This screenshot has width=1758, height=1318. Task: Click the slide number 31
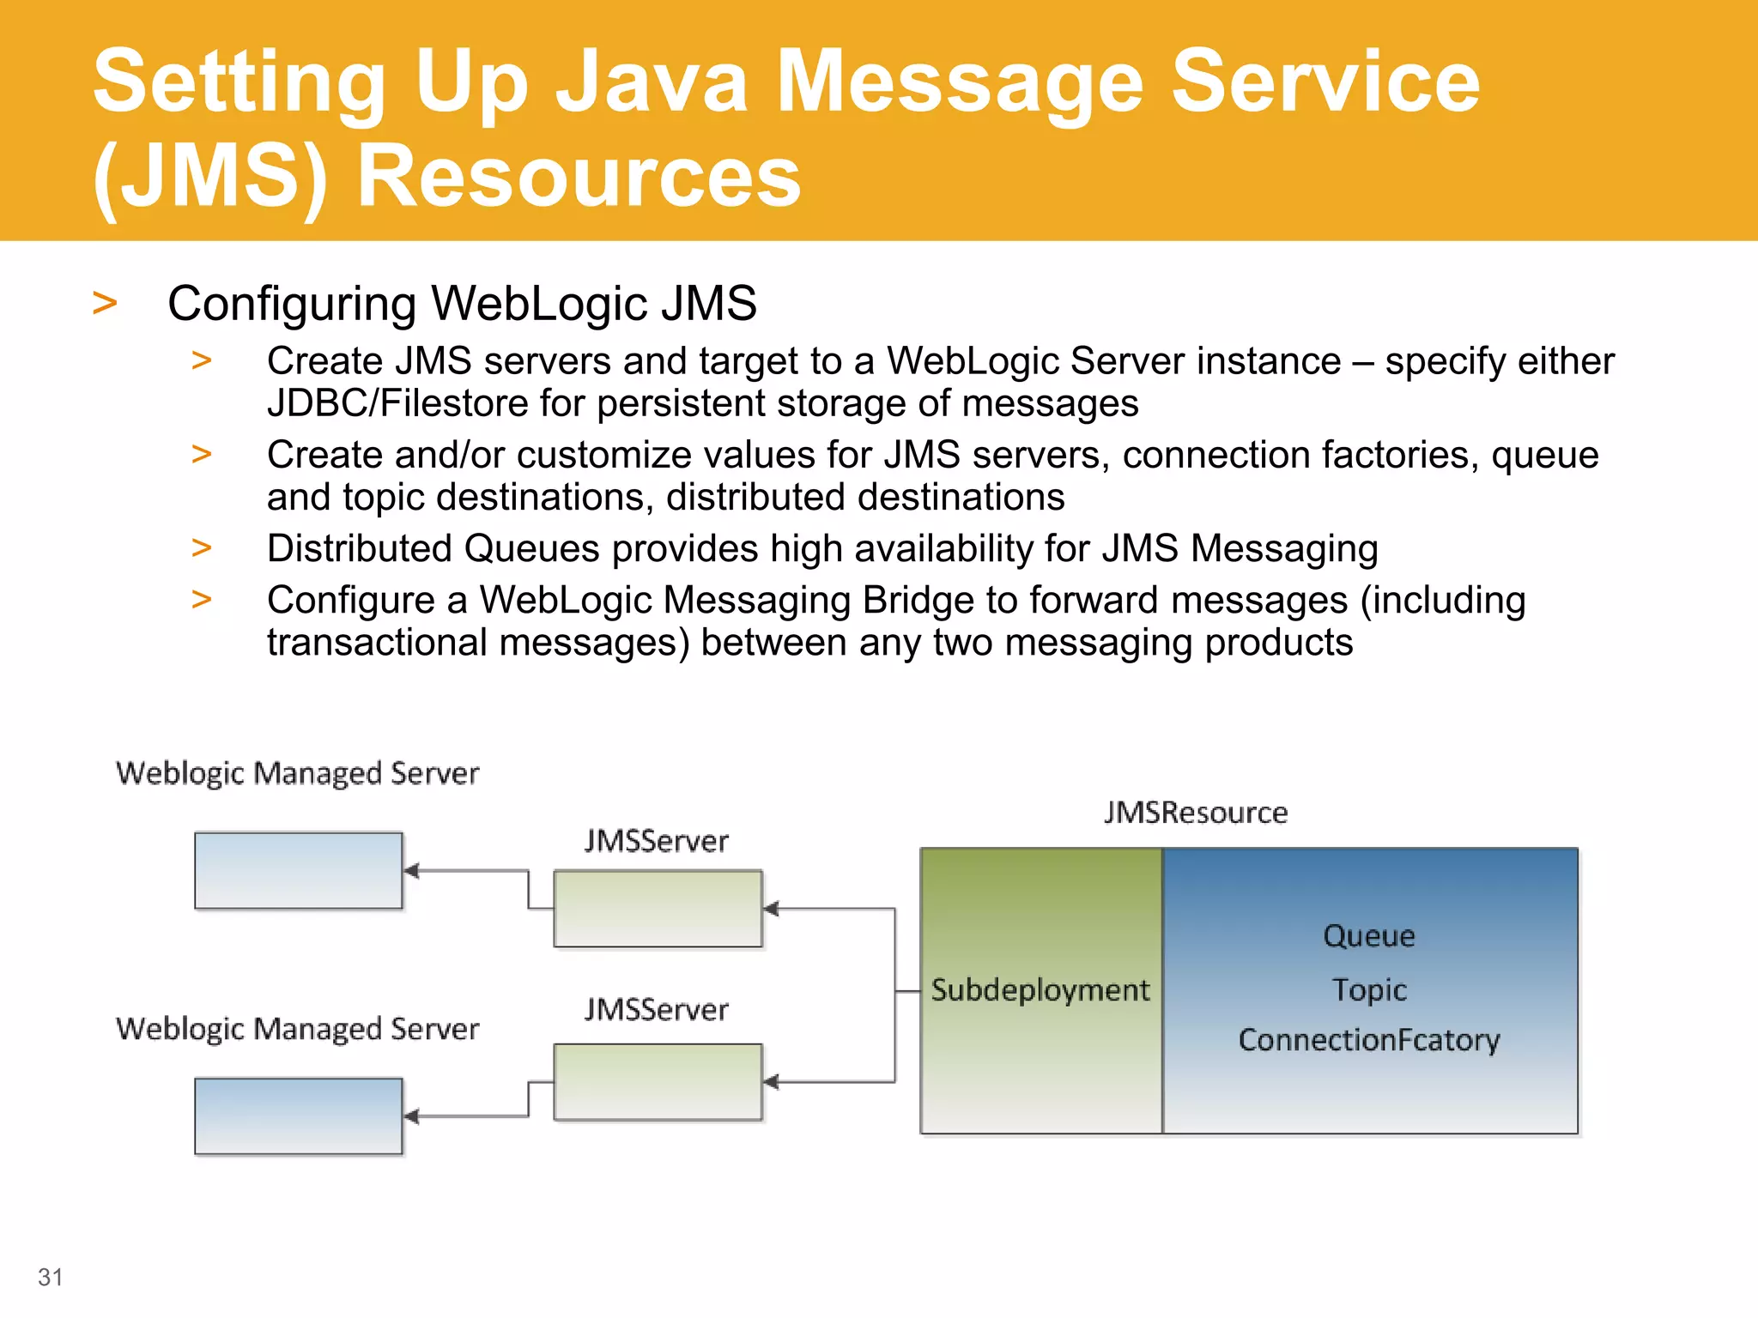click(x=51, y=1277)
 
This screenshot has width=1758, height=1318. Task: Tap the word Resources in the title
click(x=578, y=176)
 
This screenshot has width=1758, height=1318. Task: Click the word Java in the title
click(x=651, y=82)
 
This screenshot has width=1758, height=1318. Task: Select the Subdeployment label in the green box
click(x=1040, y=990)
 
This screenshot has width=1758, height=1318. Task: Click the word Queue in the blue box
click(x=1368, y=935)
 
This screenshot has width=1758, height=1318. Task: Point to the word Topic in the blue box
click(x=1368, y=989)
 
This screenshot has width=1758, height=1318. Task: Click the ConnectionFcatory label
click(x=1368, y=1040)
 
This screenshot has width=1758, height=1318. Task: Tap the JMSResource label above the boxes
click(x=1195, y=813)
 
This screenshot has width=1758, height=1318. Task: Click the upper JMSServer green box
click(x=658, y=909)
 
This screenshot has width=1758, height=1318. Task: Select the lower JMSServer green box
click(x=658, y=1082)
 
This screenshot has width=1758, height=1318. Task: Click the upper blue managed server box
click(x=298, y=870)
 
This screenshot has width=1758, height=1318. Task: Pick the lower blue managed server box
click(x=298, y=1115)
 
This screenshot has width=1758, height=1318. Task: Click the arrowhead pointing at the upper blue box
click(x=411, y=871)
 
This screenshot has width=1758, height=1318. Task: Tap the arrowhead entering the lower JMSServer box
click(x=771, y=1082)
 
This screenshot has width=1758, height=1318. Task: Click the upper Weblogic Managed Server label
click(x=297, y=773)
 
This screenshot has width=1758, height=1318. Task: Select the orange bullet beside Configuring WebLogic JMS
click(x=105, y=303)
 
